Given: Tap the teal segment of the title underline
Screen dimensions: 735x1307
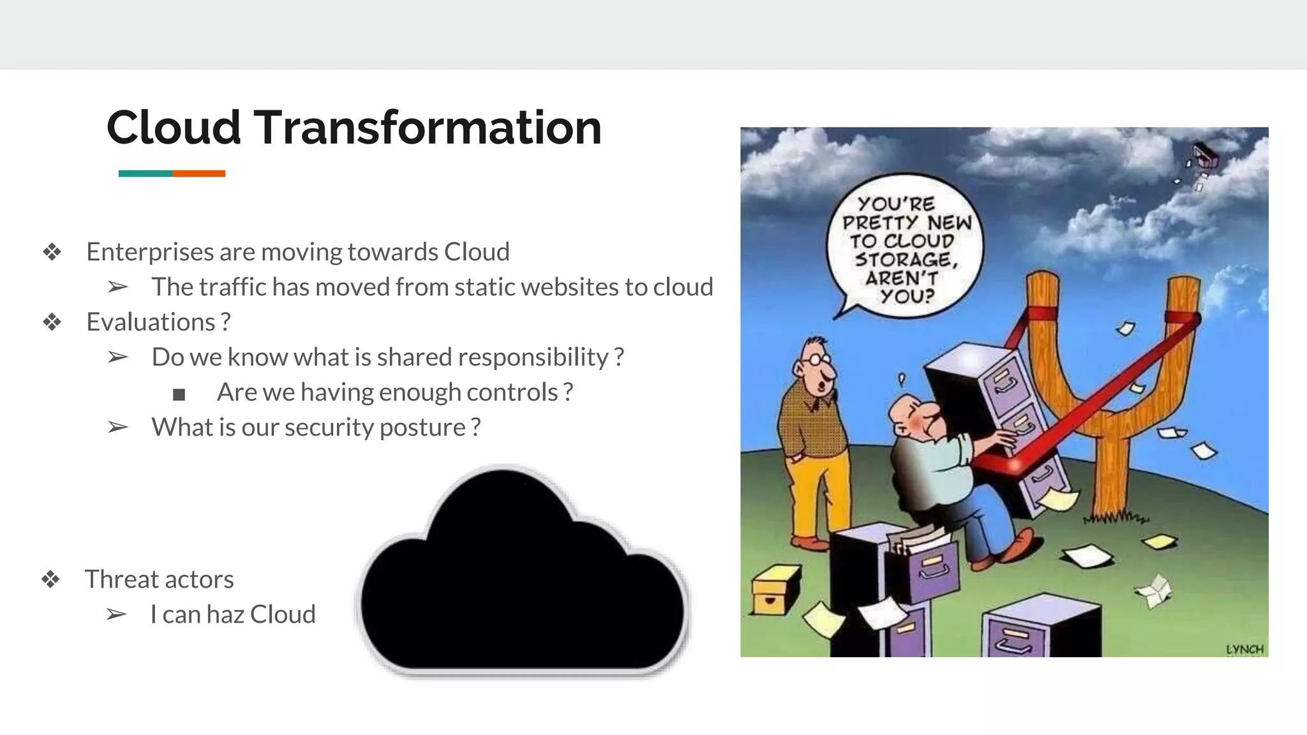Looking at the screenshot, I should tap(145, 174).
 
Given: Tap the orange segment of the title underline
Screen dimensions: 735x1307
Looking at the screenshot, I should tap(198, 174).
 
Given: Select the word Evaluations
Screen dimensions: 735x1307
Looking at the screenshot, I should tap(151, 322).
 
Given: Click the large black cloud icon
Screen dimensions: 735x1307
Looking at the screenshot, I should tap(522, 574).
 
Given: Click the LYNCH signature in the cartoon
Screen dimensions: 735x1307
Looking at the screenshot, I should tap(1244, 650).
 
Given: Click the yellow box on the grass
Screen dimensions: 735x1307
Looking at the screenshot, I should tap(775, 590).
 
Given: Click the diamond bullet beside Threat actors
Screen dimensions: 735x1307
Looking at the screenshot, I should tap(51, 579).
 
